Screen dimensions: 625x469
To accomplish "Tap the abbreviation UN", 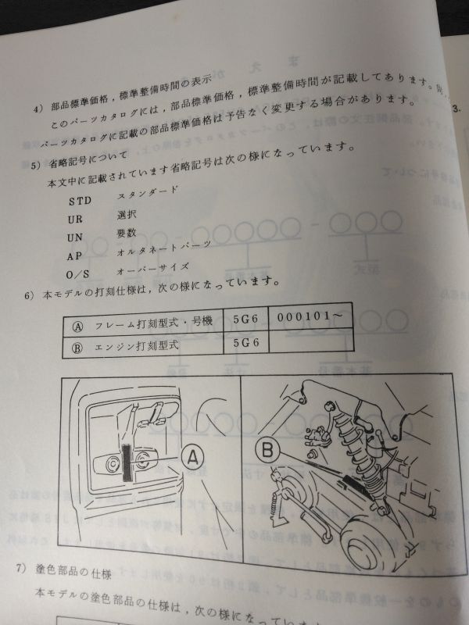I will (x=75, y=237).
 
